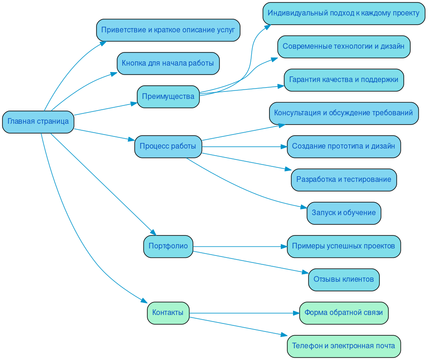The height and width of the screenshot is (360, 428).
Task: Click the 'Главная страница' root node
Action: click(x=38, y=122)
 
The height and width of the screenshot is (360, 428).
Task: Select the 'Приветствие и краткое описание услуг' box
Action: click(x=168, y=30)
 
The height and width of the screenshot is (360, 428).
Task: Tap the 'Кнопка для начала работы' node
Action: click(x=168, y=63)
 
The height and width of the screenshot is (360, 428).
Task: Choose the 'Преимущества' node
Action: click(x=168, y=97)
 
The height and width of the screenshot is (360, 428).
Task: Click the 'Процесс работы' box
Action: click(x=168, y=147)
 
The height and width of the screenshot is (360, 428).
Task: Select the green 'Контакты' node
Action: click(x=168, y=313)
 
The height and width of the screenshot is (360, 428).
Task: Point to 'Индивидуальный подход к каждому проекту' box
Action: click(x=343, y=13)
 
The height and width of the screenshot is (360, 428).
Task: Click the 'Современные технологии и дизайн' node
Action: click(x=344, y=46)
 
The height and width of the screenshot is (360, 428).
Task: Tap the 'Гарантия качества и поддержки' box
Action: click(x=344, y=80)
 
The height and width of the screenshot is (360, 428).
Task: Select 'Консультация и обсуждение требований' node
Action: click(x=344, y=113)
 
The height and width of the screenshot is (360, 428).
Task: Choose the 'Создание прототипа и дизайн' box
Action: click(x=344, y=146)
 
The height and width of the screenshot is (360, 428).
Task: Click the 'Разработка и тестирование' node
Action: click(x=344, y=180)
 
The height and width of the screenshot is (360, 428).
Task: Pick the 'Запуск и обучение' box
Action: click(x=344, y=213)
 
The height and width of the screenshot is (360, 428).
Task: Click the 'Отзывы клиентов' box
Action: click(x=344, y=280)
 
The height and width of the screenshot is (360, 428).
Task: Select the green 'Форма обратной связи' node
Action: click(x=344, y=313)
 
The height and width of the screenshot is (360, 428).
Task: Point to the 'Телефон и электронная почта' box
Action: click(x=344, y=346)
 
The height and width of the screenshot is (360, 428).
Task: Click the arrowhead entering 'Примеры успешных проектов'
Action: click(x=284, y=247)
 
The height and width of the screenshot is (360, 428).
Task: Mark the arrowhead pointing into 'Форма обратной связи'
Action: click(x=296, y=313)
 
